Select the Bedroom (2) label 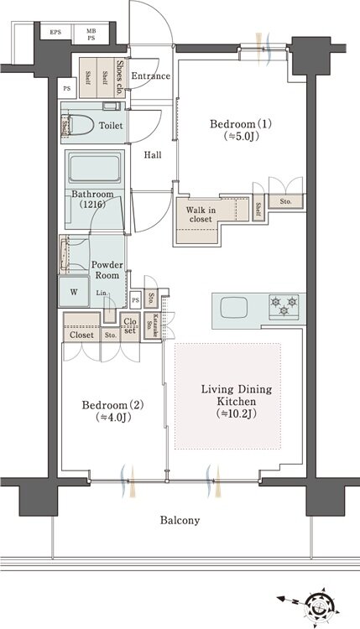click(113, 411)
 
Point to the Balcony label click(180, 521)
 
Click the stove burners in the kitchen click(279, 305)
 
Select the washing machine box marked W click(74, 294)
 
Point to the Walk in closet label click(202, 214)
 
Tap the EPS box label click(55, 33)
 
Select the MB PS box click(91, 34)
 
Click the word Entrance click(151, 76)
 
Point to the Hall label click(153, 155)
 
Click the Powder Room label click(107, 270)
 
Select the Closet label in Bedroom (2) click(81, 335)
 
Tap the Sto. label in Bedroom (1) click(285, 201)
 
